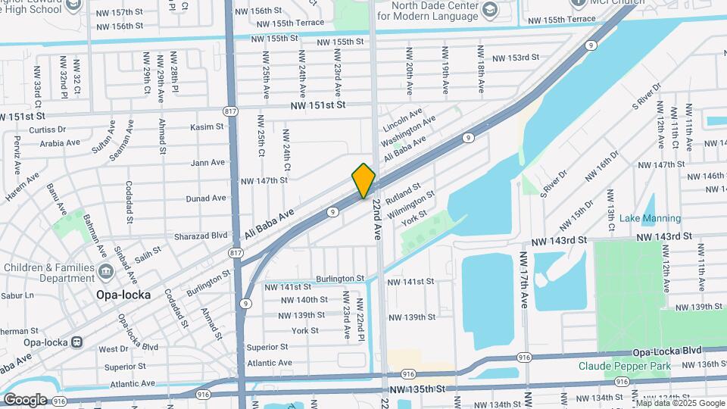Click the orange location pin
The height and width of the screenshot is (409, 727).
[364, 180]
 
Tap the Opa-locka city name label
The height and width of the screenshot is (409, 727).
[123, 294]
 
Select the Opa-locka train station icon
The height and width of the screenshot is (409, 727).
[77, 342]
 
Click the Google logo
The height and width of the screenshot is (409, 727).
[25, 399]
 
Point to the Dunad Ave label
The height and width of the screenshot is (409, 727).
[206, 198]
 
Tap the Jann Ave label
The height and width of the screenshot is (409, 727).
[207, 162]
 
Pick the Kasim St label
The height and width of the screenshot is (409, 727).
[207, 126]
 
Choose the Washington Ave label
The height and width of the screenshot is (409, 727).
[408, 132]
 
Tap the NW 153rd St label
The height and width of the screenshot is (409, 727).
[515, 58]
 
